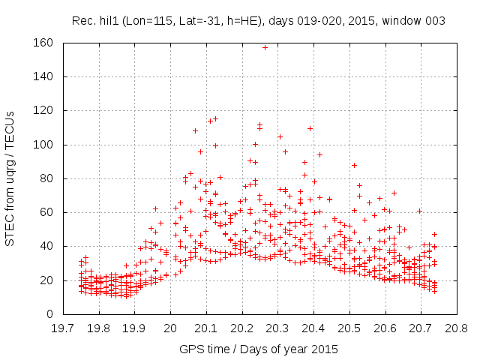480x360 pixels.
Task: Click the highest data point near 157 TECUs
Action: click(265, 47)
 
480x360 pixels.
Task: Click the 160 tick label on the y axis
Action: click(43, 43)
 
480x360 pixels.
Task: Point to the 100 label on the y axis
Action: click(43, 145)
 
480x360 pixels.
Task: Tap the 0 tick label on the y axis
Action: click(49, 314)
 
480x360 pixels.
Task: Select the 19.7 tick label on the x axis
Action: click(63, 328)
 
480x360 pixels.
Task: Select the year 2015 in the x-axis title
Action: click(325, 349)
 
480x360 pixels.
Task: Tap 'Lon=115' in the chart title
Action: click(145, 21)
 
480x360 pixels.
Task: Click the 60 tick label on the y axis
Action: click(46, 212)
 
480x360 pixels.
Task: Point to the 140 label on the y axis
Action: click(43, 76)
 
